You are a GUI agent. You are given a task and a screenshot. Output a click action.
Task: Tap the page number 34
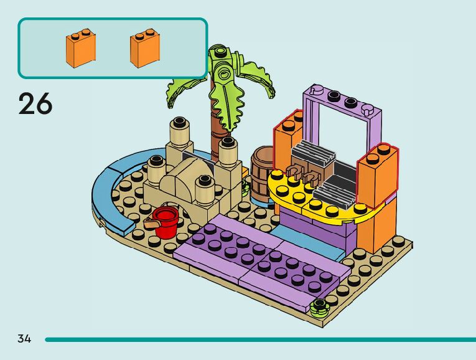[24, 339]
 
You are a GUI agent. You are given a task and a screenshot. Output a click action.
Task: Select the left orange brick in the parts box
[80, 49]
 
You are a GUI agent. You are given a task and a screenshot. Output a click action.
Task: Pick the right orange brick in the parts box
[144, 49]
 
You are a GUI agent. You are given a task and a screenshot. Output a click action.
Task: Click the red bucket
[166, 222]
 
